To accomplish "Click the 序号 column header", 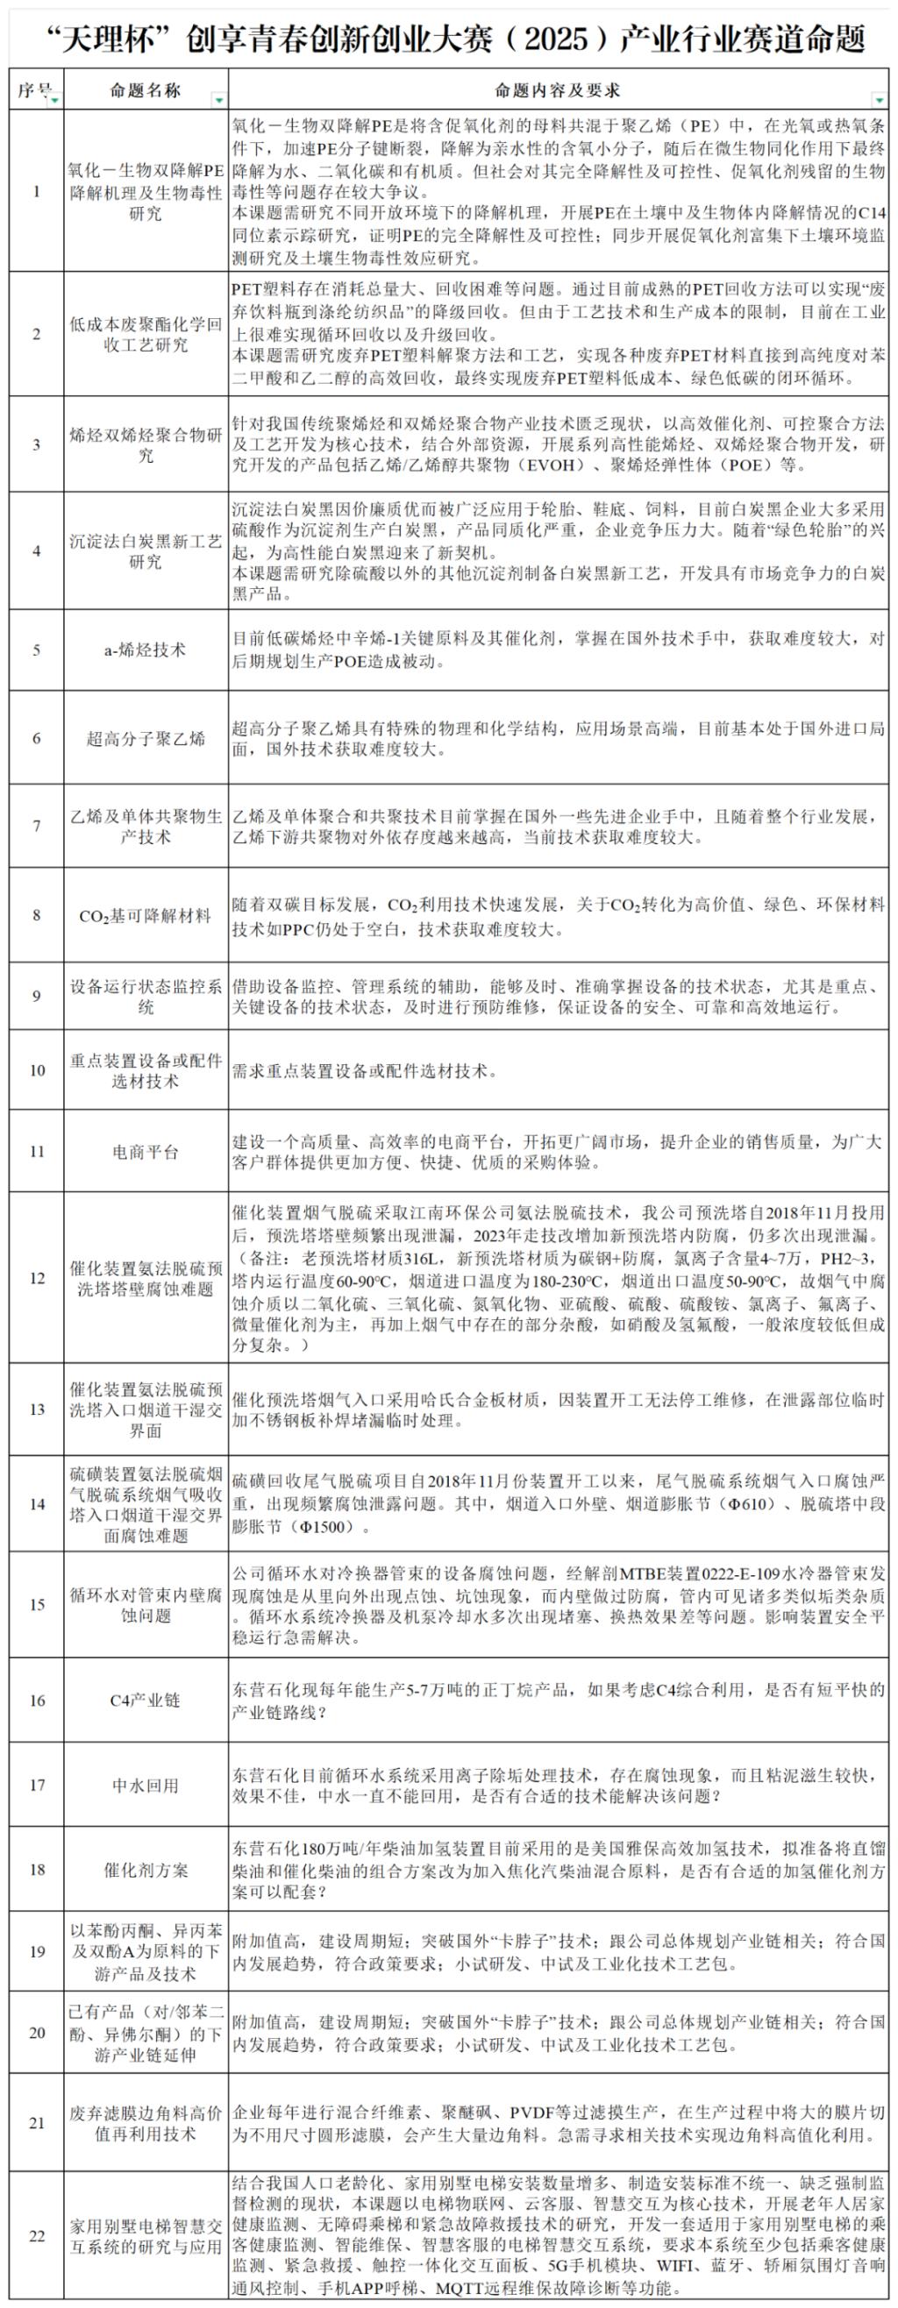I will (33, 90).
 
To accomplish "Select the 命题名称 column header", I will (146, 90).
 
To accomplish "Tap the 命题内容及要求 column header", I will (557, 90).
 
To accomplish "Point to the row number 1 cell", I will (37, 191).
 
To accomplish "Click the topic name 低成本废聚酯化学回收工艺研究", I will (146, 334).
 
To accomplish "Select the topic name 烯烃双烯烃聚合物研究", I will (146, 444).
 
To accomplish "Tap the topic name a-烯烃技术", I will (146, 650).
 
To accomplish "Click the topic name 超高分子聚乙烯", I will (146, 738).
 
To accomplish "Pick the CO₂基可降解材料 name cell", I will (146, 916).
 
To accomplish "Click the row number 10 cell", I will (37, 1069).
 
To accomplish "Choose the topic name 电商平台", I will (146, 1151).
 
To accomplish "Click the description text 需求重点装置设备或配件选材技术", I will (365, 1070).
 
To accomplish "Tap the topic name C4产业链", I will (146, 1700).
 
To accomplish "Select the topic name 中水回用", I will (146, 1785).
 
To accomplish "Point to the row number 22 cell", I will (37, 2235).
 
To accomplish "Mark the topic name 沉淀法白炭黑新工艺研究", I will (146, 551).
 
